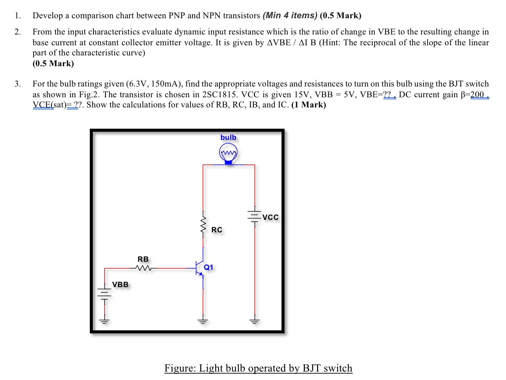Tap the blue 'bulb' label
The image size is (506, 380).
click(x=228, y=137)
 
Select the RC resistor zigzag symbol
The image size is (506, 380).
click(x=203, y=223)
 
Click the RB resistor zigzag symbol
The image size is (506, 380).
click(x=143, y=268)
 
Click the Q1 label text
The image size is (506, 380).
click(x=209, y=268)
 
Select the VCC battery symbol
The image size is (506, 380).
click(x=255, y=216)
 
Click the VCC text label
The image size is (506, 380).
click(x=270, y=217)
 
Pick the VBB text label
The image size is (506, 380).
click(x=120, y=284)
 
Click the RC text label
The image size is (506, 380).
click(x=217, y=230)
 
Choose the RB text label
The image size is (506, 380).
click(x=143, y=259)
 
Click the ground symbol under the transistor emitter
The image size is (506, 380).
click(x=203, y=320)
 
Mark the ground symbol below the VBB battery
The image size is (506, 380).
click(x=105, y=320)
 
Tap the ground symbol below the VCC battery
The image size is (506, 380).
click(x=255, y=320)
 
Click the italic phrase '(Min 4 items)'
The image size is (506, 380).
click(x=290, y=16)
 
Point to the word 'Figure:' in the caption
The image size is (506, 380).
click(x=180, y=368)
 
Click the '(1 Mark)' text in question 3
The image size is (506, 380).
click(x=309, y=105)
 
